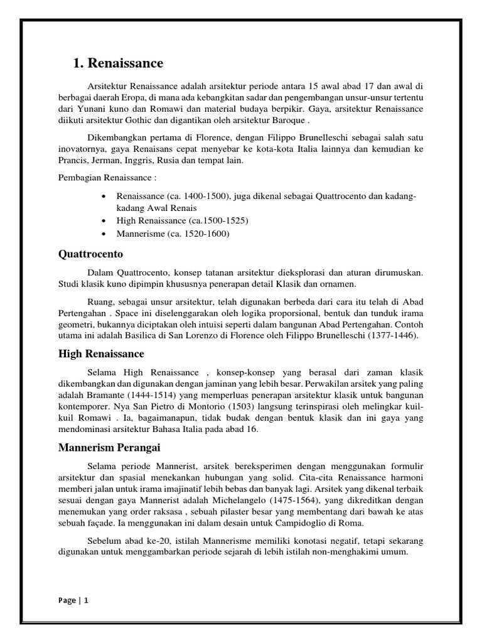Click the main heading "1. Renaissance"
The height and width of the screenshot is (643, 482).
[118, 63]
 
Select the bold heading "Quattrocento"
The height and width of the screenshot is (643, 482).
[91, 254]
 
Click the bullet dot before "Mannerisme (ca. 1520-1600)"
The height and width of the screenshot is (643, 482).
[104, 234]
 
